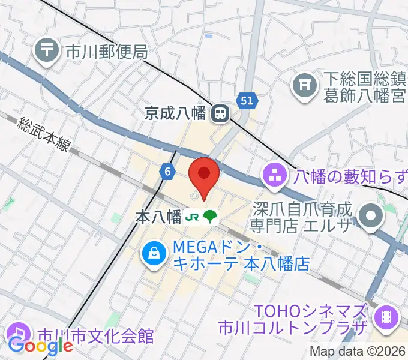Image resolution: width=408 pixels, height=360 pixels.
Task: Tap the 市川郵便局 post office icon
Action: (46, 52)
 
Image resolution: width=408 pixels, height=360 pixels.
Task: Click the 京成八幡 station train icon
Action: (221, 112)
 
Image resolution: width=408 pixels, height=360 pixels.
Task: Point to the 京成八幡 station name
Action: (179, 112)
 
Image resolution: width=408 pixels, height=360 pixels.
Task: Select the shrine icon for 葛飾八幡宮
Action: (305, 86)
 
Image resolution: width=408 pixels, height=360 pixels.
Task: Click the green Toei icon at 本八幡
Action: (210, 217)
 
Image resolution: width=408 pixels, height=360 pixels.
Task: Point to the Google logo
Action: (40, 346)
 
